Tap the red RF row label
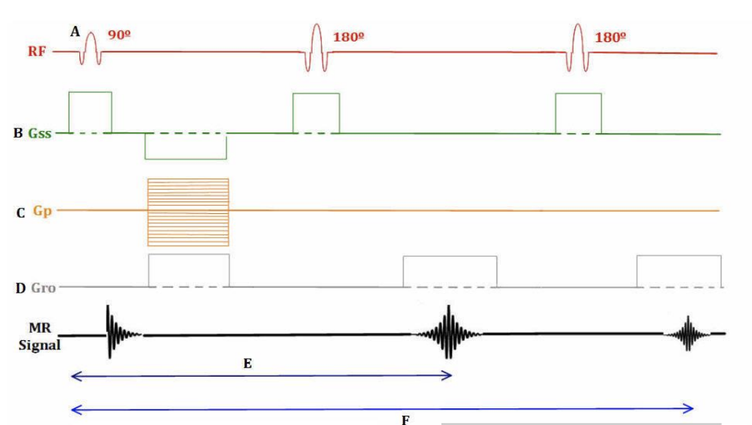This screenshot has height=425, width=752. coord(37,51)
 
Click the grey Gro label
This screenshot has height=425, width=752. coord(43,288)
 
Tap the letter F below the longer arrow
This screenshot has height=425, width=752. coord(403,420)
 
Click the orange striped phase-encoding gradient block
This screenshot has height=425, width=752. coord(188,211)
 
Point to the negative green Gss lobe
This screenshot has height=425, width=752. coord(186,146)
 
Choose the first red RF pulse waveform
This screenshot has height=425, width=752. coord(91,47)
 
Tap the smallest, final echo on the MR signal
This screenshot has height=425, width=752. coord(688,333)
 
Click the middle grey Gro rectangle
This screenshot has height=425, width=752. coord(449,271)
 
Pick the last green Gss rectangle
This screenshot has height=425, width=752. coord(578,113)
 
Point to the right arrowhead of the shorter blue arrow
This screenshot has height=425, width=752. coord(449,377)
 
